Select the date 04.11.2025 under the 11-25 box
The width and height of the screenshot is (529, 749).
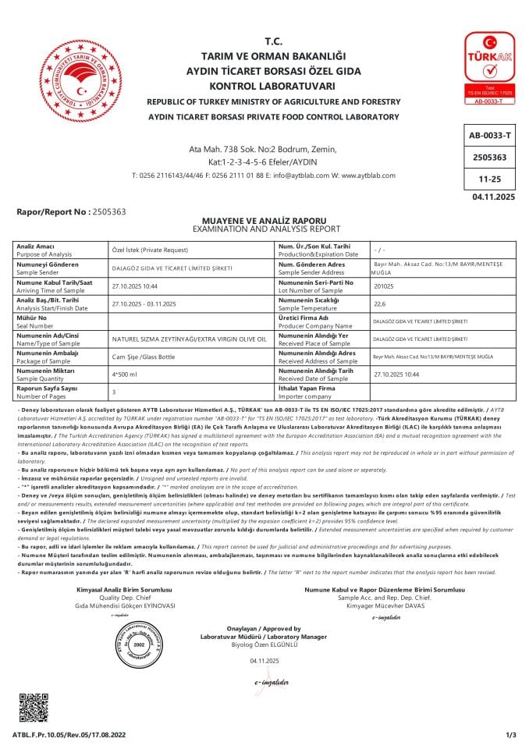pyautogui.click(x=494, y=197)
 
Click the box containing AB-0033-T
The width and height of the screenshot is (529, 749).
pyautogui.click(x=489, y=135)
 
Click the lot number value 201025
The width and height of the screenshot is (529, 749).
pyautogui.click(x=385, y=286)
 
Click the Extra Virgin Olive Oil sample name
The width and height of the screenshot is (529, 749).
pyautogui.click(x=190, y=339)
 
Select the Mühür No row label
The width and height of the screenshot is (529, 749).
pyautogui.click(x=31, y=318)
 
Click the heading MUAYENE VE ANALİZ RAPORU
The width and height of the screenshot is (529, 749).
pyautogui.click(x=264, y=221)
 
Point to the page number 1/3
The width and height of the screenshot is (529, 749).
pyautogui.click(x=511, y=735)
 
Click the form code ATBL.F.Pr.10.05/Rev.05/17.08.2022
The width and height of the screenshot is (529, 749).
pyautogui.click(x=69, y=735)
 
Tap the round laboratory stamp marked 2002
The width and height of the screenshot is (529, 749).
pyautogui.click(x=140, y=644)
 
